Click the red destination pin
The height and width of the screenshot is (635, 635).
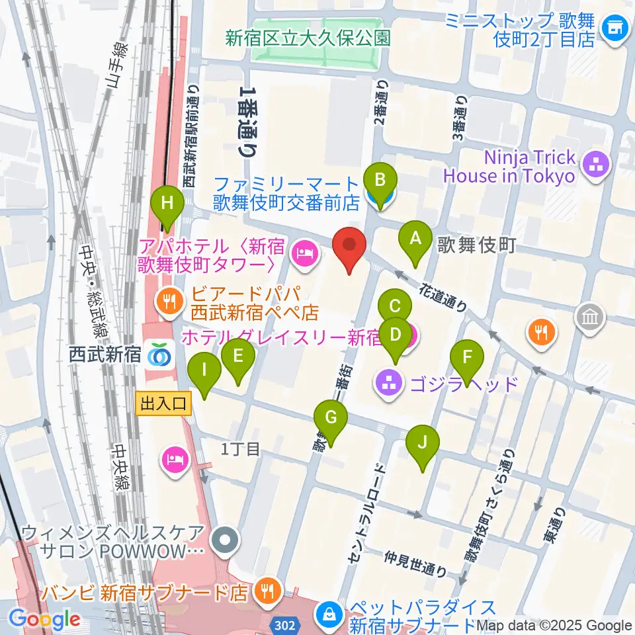349,249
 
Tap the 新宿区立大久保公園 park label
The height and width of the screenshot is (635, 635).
308,38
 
